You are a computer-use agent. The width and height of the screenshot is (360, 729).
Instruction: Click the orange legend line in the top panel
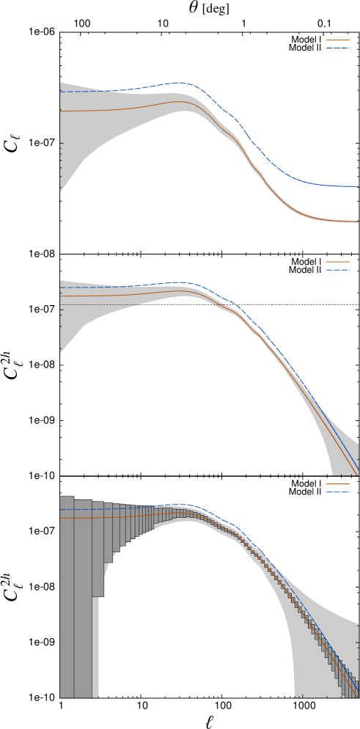click(x=337, y=40)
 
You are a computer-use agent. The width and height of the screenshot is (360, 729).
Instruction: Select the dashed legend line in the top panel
click(x=337, y=48)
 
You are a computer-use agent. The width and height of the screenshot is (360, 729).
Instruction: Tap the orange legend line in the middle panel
click(x=337, y=262)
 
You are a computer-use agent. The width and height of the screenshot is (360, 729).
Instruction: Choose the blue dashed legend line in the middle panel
click(x=337, y=270)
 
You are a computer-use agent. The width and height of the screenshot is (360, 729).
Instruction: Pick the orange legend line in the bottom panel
click(x=337, y=484)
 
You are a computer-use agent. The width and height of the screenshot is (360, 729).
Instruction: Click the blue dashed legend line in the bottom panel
click(x=337, y=492)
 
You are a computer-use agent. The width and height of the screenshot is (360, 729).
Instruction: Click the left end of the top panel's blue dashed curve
click(x=61, y=92)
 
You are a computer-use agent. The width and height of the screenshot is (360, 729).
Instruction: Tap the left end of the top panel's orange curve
click(x=61, y=111)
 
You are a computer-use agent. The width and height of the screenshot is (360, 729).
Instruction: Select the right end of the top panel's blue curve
click(x=358, y=186)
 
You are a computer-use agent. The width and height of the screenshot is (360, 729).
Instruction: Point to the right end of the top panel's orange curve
click(x=358, y=221)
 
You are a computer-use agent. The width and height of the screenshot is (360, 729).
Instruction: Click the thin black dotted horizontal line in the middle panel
click(x=95, y=304)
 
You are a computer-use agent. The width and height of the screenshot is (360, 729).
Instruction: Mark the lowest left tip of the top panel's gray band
click(x=61, y=191)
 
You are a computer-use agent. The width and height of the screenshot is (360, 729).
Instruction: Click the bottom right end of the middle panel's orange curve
click(x=358, y=473)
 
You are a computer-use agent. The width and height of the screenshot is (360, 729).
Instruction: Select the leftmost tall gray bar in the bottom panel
click(x=67, y=598)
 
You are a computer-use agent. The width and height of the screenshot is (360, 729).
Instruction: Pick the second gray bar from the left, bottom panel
click(x=83, y=598)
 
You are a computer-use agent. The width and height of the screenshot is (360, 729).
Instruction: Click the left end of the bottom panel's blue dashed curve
click(x=61, y=509)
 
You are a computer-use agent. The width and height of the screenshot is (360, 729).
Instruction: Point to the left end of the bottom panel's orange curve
click(x=61, y=518)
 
